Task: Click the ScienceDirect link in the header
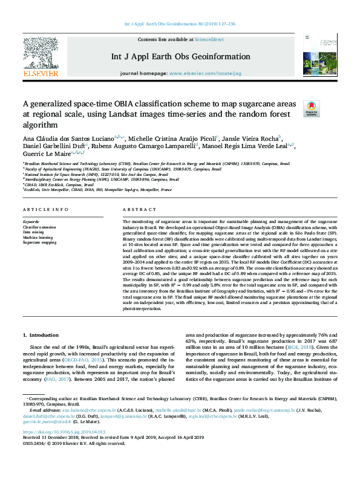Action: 208,39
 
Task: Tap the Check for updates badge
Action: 310,108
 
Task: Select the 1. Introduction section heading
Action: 41,334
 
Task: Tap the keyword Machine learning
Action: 37,237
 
